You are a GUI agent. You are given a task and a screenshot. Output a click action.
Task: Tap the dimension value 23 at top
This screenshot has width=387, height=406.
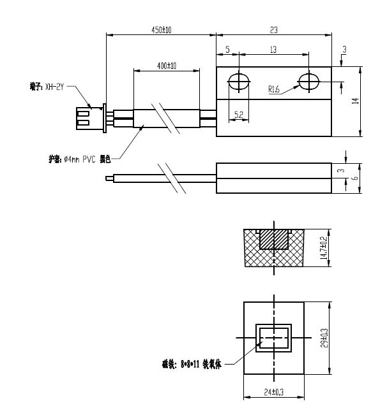[x=273, y=29]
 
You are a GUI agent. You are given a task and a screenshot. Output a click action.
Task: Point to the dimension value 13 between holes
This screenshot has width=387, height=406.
[x=273, y=50]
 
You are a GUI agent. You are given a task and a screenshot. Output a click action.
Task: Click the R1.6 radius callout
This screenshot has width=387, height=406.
[x=274, y=90]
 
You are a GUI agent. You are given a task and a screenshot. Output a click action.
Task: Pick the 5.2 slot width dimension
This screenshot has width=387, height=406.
[x=239, y=114]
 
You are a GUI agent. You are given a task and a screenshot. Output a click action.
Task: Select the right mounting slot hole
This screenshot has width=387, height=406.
[x=309, y=82]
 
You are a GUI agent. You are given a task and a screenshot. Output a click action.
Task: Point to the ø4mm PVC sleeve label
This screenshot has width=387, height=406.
[x=80, y=159]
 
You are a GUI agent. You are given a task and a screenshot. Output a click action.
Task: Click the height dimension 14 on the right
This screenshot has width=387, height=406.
[x=356, y=100]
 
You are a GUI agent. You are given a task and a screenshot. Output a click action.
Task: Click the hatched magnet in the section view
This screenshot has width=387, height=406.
[x=274, y=239]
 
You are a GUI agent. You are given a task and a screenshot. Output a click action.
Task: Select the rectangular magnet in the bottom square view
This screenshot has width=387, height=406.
[x=273, y=338]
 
